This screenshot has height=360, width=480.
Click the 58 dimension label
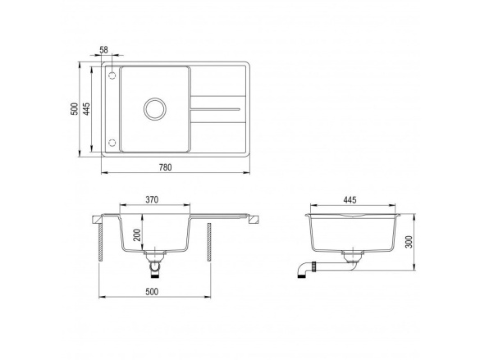coord(104,50)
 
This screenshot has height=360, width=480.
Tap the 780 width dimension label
coord(165,167)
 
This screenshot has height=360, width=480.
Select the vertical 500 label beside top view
coord(75,109)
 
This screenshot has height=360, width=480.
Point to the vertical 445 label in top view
coord(87,109)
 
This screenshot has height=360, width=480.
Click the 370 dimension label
coord(152,200)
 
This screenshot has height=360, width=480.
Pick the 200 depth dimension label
coord(137,235)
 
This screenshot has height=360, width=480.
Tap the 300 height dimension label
coord(409,242)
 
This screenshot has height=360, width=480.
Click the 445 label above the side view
coord(350,200)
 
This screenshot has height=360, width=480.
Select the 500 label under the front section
coord(152,292)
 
